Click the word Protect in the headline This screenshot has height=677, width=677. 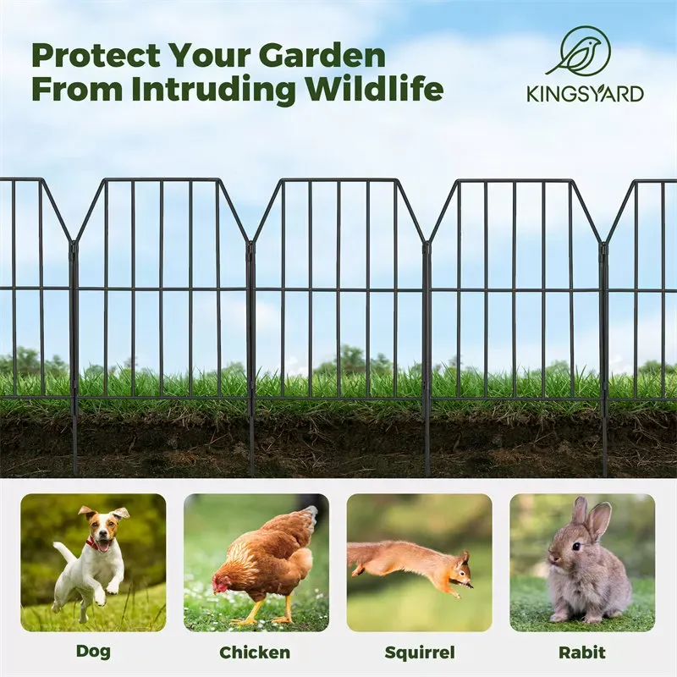tap(96, 56)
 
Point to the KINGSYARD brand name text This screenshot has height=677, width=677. tap(584, 93)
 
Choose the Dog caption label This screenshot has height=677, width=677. tap(93, 652)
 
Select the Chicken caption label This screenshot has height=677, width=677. tap(255, 652)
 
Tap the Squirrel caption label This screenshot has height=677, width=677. tap(419, 652)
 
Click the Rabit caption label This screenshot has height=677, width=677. tap(582, 652)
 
